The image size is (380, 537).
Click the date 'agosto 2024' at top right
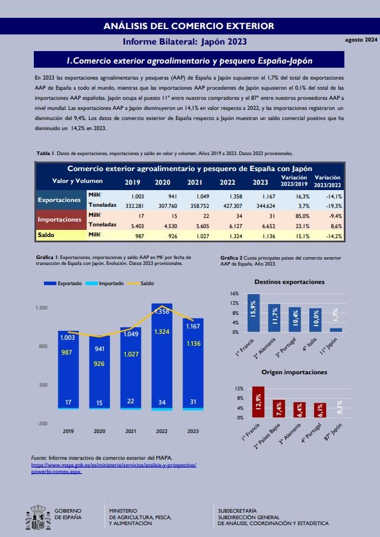coord(361,40)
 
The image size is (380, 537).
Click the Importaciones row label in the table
coord(59,220)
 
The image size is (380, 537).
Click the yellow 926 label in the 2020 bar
coord(100,363)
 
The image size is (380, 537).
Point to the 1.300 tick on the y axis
coord(42,308)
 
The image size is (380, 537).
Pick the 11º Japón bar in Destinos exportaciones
coord(336,329)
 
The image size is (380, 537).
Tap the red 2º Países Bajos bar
coord(279,408)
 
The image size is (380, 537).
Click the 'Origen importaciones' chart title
coord(294,372)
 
